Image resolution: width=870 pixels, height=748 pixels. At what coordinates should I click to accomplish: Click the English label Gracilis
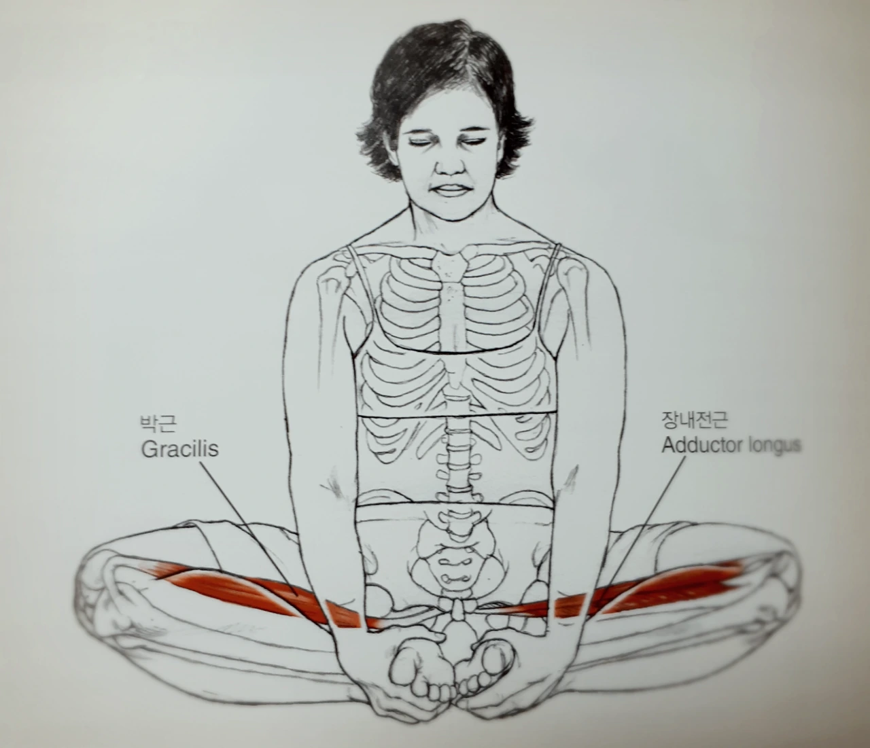(x=179, y=449)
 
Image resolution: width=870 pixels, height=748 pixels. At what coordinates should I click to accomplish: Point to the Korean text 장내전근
(x=694, y=421)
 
